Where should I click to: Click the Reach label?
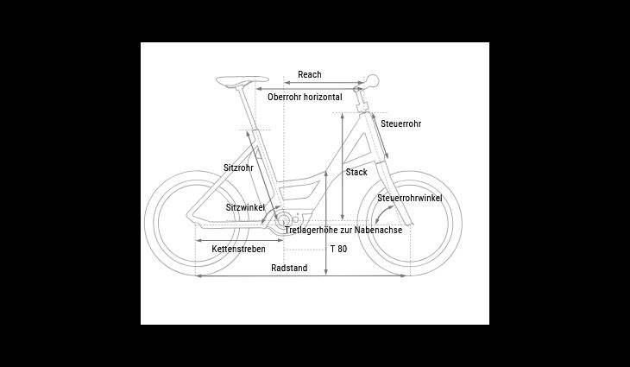tap(309, 74)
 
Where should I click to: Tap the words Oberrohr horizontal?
tap(305, 97)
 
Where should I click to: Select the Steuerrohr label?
tap(401, 123)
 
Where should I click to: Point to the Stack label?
tap(356, 172)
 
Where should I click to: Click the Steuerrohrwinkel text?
tap(410, 198)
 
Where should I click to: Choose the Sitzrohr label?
tap(238, 168)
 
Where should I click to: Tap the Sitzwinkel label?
tap(245, 207)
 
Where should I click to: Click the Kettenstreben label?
tap(239, 249)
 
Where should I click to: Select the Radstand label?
tap(289, 268)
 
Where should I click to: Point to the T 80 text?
tap(338, 249)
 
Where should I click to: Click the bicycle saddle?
tap(242, 81)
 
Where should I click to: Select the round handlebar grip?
tap(373, 81)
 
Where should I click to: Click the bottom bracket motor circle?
tap(284, 220)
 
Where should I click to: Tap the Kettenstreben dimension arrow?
tap(239, 240)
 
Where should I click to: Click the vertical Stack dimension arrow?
tap(343, 167)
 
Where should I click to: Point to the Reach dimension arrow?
tap(324, 83)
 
